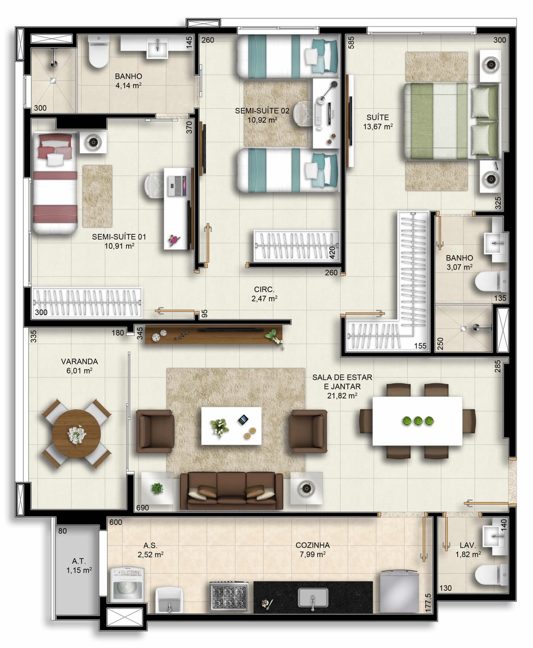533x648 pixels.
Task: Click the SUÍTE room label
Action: click(378, 117)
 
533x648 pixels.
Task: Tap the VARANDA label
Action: click(79, 361)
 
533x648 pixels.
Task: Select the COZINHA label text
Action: click(312, 545)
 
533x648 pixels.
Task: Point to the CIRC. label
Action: click(264, 289)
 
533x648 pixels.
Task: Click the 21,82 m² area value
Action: click(342, 396)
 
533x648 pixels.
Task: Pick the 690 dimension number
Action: click(142, 508)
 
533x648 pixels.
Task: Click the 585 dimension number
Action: click(351, 43)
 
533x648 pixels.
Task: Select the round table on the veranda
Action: click(76, 434)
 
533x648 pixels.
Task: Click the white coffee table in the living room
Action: click(231, 426)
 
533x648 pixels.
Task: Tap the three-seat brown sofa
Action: click(232, 491)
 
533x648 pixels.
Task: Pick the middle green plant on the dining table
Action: click(418, 421)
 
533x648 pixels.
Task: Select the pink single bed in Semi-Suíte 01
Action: click(55, 183)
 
